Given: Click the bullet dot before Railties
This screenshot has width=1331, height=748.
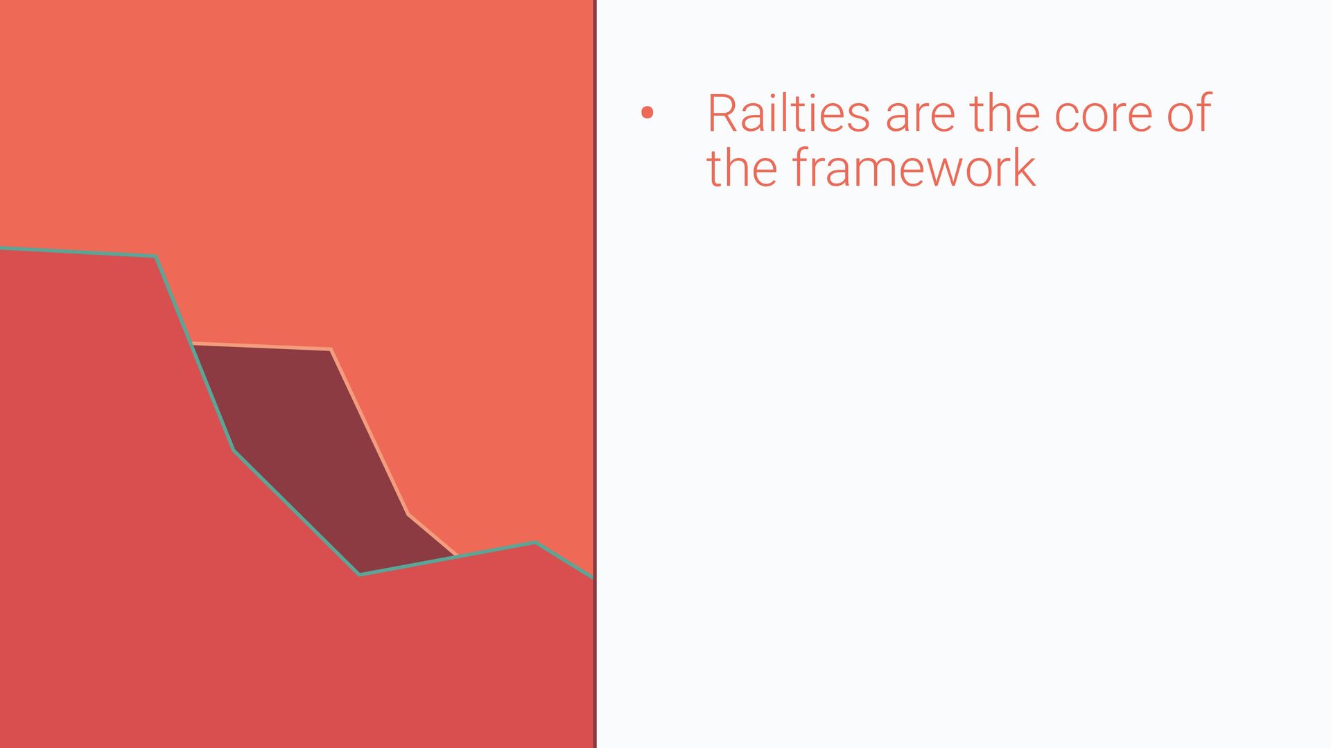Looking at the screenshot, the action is pos(647,113).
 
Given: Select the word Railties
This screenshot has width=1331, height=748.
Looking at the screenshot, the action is pos(788,112).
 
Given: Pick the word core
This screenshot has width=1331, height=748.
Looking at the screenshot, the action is pos(1104,117).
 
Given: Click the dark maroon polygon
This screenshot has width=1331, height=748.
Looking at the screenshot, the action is pos(319,450).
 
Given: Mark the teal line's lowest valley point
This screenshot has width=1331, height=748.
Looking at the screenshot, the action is pos(359,574).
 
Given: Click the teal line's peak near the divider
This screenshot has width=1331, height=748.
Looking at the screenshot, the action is pos(534,543).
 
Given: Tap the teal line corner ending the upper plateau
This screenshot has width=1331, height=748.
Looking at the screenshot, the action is pos(155,257).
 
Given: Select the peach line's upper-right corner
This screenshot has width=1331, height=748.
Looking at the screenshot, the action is pos(331,349).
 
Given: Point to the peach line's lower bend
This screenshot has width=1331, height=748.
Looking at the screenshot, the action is pos(408,514).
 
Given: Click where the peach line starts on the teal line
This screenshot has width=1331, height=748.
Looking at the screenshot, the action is pos(192,344).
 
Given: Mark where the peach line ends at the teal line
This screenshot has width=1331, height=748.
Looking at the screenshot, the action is pos(457,556).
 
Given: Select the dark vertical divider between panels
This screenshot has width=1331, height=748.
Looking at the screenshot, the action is pos(595,374).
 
